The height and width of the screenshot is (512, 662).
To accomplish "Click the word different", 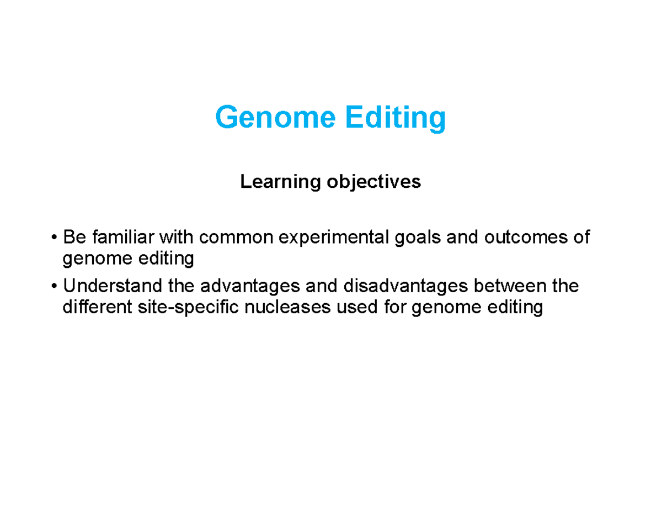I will tap(95, 307).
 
